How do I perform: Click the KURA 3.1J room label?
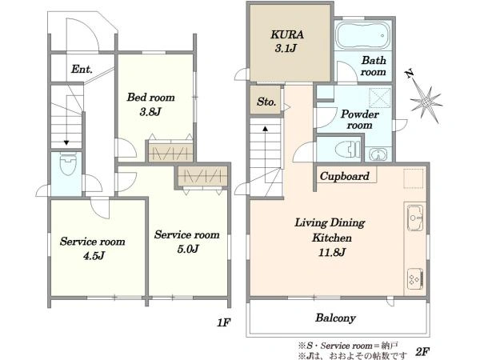click(x=287, y=41)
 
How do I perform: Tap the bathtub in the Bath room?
click(x=362, y=35)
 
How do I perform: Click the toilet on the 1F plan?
click(x=68, y=163)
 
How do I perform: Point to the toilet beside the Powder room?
click(x=347, y=149)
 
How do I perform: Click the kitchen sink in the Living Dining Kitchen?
click(x=415, y=218)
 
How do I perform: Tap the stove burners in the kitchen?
click(x=415, y=279)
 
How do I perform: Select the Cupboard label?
click(x=344, y=176)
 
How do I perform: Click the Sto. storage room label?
click(x=266, y=102)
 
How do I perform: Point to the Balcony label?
click(x=335, y=318)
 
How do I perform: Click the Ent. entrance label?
click(x=82, y=69)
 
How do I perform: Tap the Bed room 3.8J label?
click(x=150, y=104)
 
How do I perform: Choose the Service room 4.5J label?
click(x=93, y=248)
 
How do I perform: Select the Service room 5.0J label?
click(x=186, y=242)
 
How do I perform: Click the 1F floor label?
click(x=223, y=322)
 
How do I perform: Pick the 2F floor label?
click(x=422, y=351)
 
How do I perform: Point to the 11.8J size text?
click(x=332, y=253)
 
